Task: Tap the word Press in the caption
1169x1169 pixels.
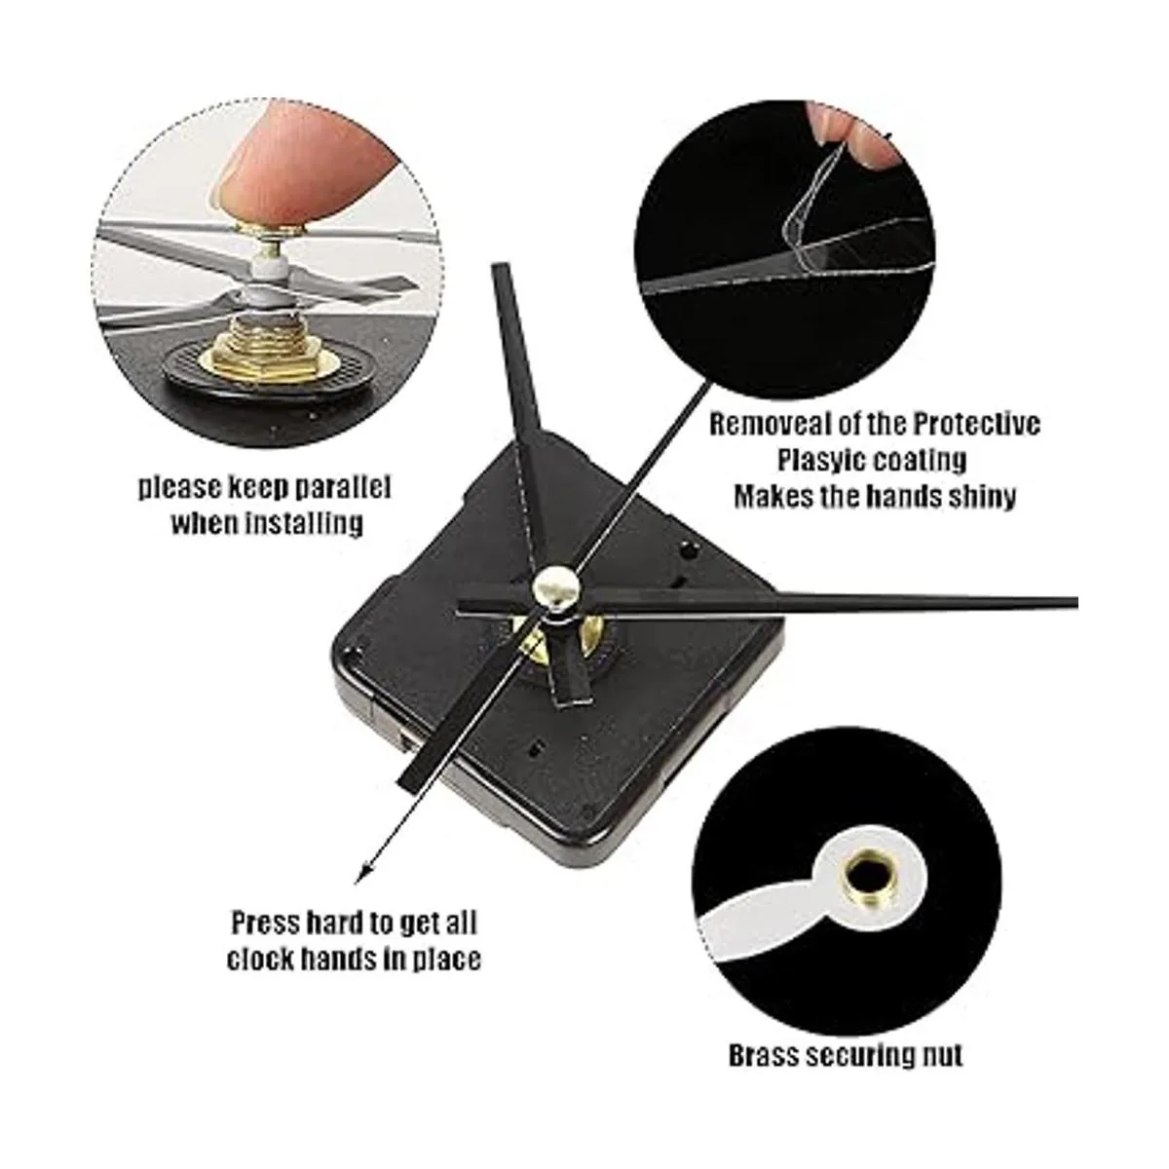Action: [x=266, y=924]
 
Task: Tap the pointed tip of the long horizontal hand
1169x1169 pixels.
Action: [x=1076, y=602]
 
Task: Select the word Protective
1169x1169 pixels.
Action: [x=977, y=425]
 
